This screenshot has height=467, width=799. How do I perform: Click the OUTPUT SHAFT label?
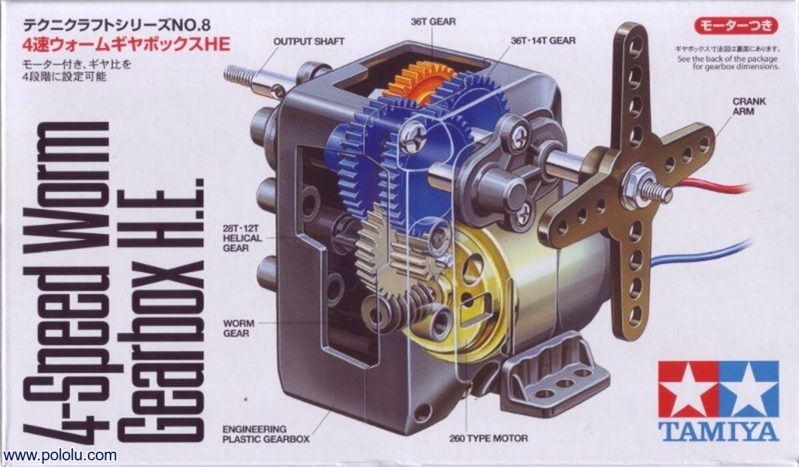coord(308,41)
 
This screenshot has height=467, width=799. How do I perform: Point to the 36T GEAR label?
coord(433,22)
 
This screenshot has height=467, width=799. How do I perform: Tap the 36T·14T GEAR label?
coord(543,41)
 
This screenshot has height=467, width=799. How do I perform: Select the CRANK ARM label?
coord(749,107)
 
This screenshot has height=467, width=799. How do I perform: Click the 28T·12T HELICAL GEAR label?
coord(242,238)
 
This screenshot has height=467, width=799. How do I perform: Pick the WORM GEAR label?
coord(238,328)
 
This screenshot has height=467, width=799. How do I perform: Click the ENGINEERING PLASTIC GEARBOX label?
coord(266,434)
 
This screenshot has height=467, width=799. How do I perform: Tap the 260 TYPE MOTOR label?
coord(488,438)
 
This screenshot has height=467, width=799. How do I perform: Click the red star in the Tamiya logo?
coord(688,389)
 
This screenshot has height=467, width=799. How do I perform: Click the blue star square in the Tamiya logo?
coord(748,389)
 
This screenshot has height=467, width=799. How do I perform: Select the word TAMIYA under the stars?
coord(718,433)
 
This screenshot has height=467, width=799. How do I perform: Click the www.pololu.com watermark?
coord(59,455)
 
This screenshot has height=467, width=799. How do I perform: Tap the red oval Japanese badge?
coord(736,26)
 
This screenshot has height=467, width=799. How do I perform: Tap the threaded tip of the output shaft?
coord(238,75)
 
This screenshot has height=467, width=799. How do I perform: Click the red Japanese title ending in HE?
coord(127,45)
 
